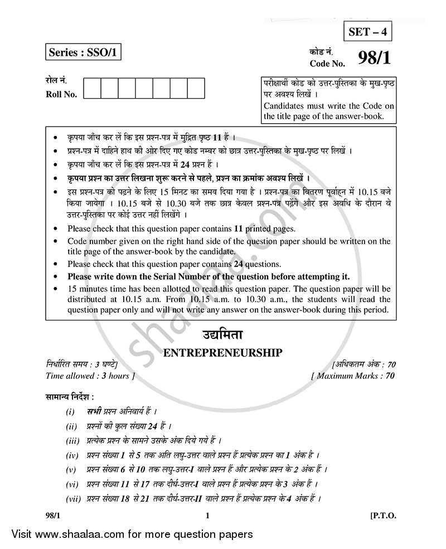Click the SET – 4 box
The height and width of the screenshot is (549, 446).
coord(366,32)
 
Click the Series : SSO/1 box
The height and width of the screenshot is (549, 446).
coord(83,53)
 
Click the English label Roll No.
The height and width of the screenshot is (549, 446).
coord(61,94)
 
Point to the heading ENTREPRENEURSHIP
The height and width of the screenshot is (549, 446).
coord(221,352)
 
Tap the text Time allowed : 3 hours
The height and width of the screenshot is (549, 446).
coord(88,376)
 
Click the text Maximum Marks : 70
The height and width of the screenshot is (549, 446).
coord(353,376)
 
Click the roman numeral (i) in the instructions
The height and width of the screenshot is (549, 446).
coord(70,412)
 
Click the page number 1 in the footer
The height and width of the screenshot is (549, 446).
coord(207,516)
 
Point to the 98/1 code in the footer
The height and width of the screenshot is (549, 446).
coord(54,516)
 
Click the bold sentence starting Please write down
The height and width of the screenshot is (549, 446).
coord(209,276)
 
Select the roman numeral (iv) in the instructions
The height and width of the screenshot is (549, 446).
coord(71,455)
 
